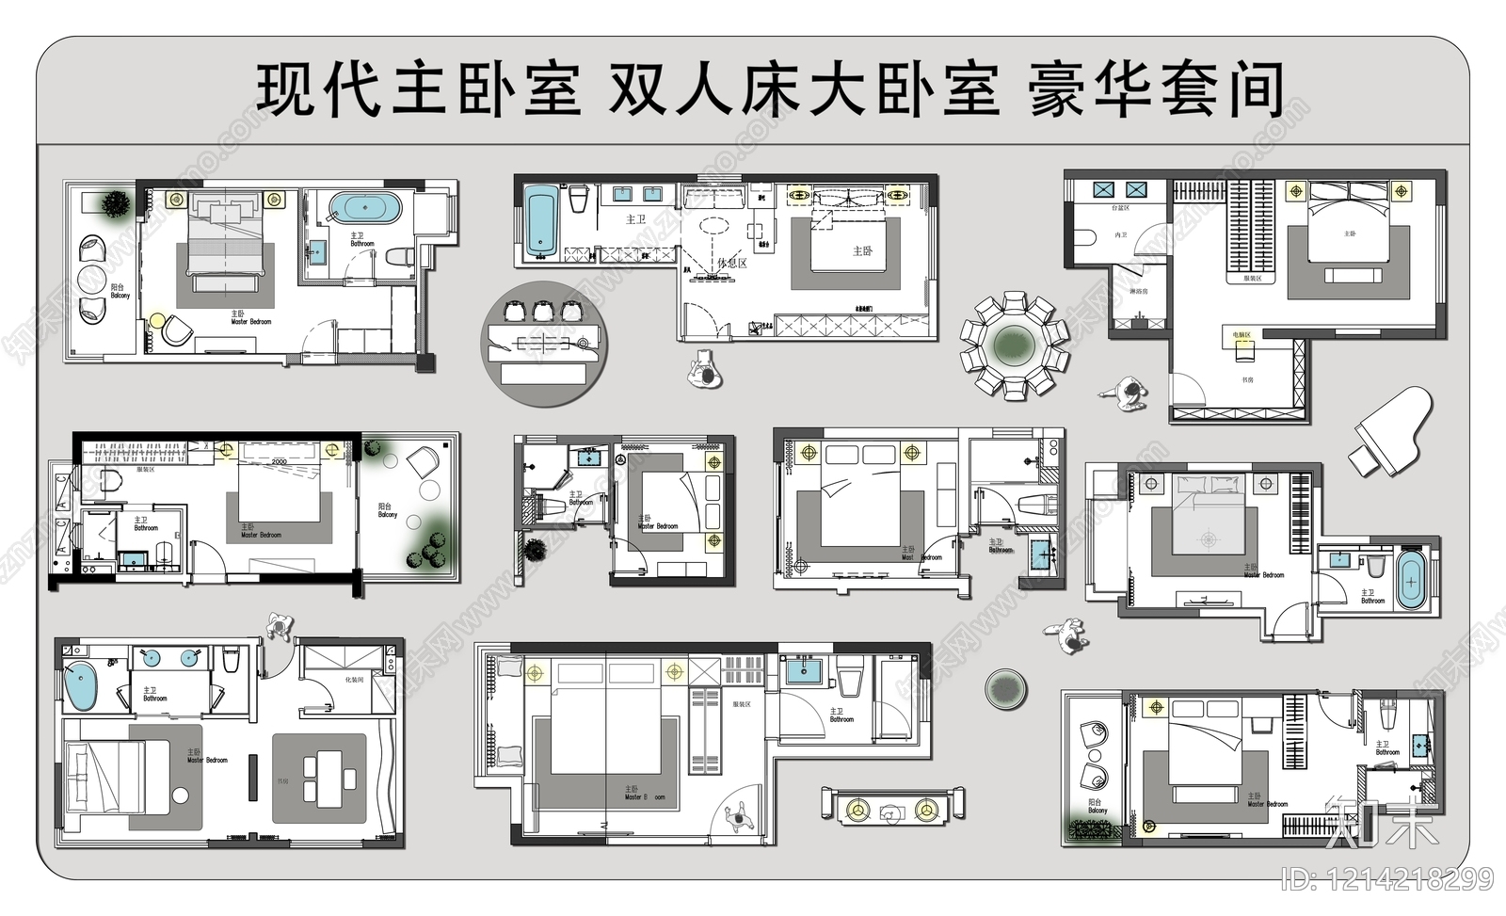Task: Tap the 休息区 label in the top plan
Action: [731, 263]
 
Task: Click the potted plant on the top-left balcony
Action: [116, 203]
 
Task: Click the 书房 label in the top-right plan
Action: [1247, 380]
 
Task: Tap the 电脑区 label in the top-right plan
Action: [1242, 334]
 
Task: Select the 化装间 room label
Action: [354, 679]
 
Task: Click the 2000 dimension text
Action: [280, 462]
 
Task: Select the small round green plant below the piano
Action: [1005, 689]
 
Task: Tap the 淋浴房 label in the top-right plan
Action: [1139, 292]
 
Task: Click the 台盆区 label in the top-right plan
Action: [1120, 207]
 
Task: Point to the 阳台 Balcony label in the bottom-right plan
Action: [1097, 806]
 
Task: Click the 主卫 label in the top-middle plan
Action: [636, 219]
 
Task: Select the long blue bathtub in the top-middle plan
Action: [540, 219]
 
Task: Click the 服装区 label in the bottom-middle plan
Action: [741, 704]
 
